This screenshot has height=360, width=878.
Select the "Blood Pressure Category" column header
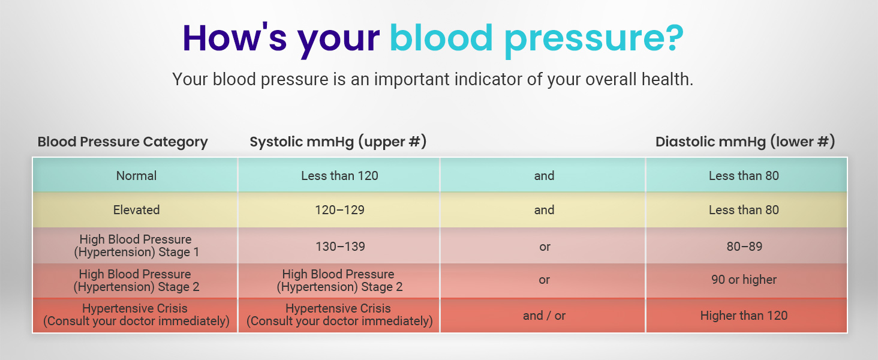(x=122, y=142)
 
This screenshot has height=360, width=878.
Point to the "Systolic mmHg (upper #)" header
(x=338, y=142)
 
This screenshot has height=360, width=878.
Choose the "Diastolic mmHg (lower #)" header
(x=745, y=142)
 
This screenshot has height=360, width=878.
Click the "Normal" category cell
(x=136, y=176)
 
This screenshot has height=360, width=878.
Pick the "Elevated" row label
(x=136, y=210)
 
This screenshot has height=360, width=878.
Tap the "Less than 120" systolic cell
(x=339, y=176)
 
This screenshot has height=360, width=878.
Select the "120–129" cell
(x=339, y=210)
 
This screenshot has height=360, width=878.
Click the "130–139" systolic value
(x=339, y=247)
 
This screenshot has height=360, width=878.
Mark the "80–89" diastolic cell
(x=744, y=247)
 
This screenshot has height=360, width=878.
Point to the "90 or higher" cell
(x=744, y=280)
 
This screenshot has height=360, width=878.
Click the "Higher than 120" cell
(x=744, y=316)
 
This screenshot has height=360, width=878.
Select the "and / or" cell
(x=544, y=316)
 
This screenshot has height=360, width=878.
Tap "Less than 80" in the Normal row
(x=744, y=176)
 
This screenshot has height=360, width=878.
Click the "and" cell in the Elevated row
(x=544, y=210)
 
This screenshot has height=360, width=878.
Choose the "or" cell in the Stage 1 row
(x=544, y=247)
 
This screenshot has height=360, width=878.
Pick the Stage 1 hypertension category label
(x=136, y=246)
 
